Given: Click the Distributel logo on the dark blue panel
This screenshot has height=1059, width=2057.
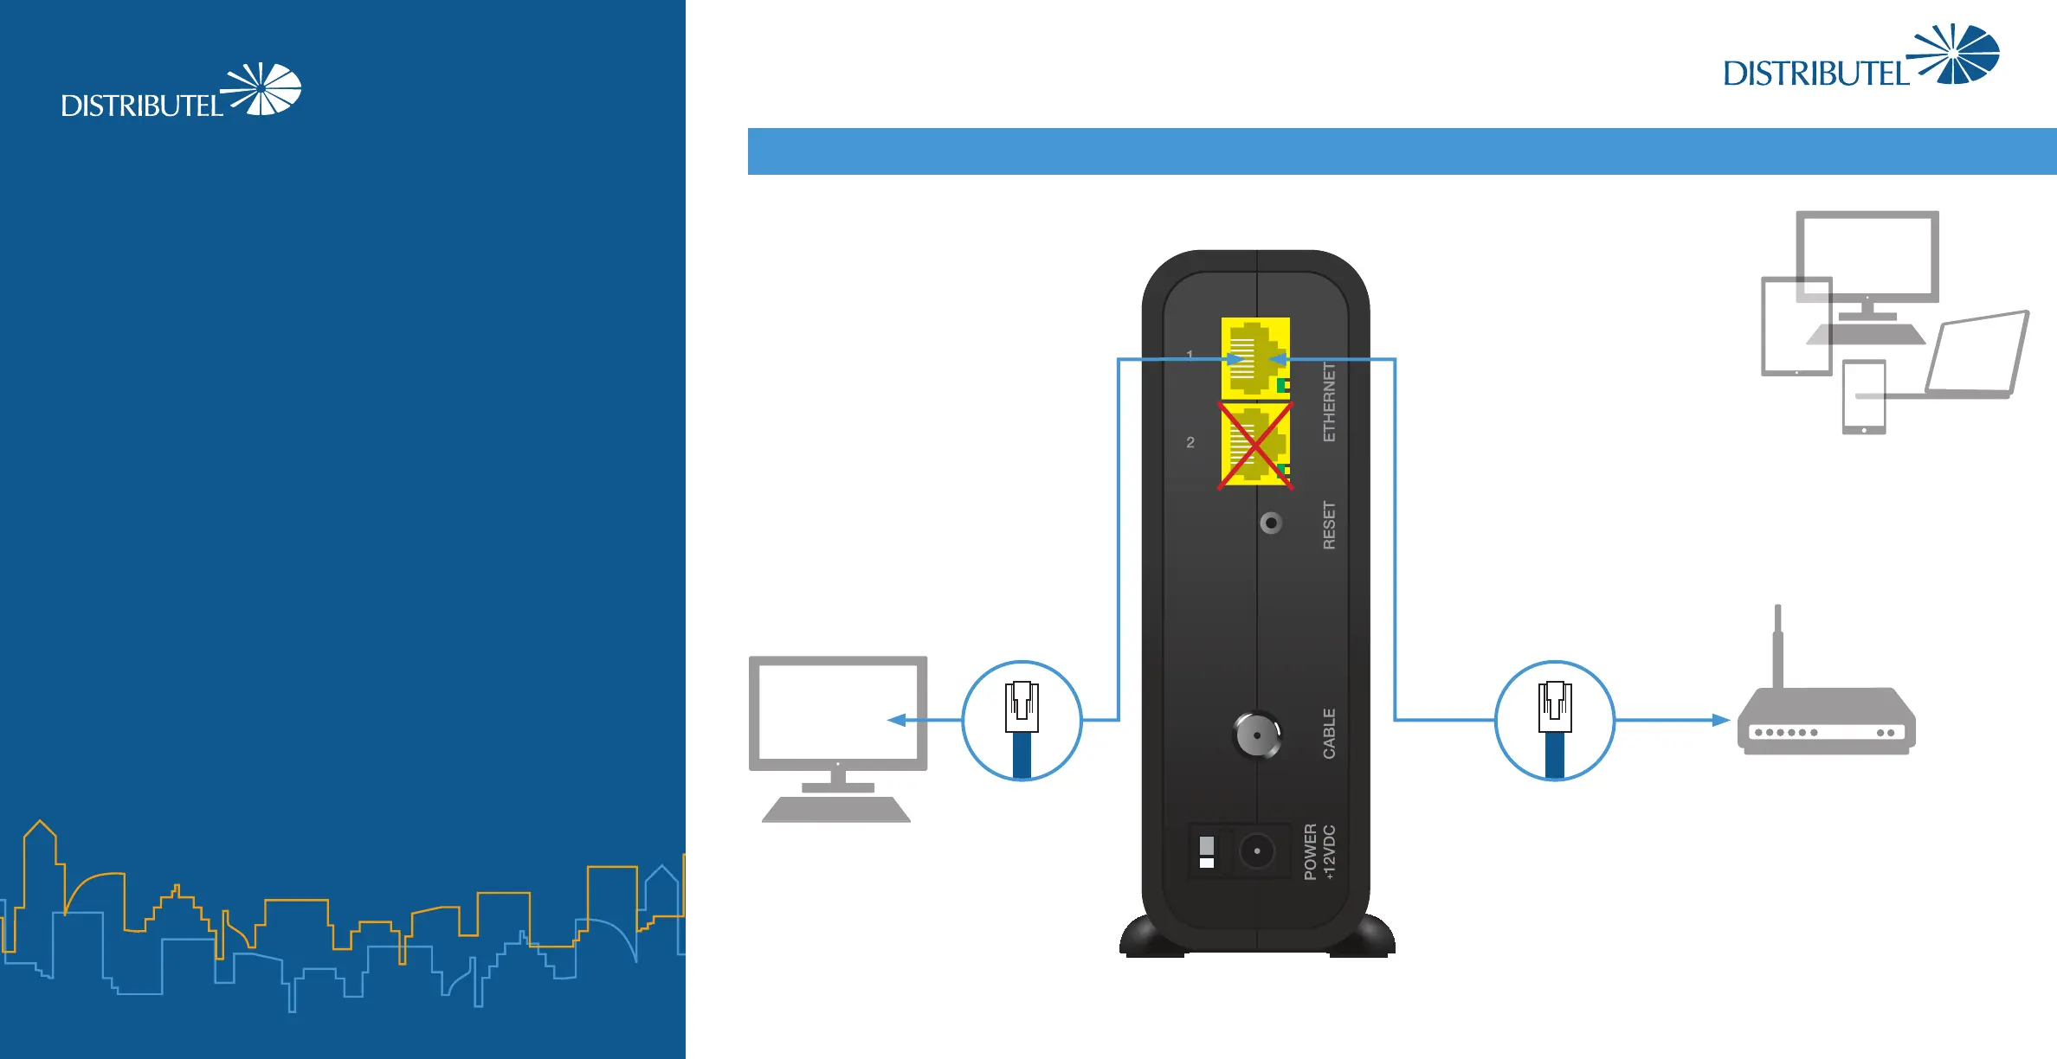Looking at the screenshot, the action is [x=180, y=92].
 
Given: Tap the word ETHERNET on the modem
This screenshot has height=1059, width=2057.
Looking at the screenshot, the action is [x=1329, y=401].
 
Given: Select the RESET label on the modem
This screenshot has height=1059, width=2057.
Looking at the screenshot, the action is [x=1329, y=524].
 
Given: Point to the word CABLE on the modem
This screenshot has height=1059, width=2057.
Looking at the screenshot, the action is [x=1329, y=733].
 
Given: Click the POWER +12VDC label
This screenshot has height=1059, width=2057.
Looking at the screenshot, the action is [x=1319, y=851].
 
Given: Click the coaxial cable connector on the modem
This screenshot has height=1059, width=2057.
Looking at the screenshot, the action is [x=1256, y=735].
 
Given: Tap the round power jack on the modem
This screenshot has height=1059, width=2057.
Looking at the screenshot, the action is [x=1256, y=851].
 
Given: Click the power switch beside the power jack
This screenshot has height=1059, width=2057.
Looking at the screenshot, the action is [x=1207, y=851].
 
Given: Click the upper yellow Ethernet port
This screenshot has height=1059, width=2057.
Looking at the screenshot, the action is [x=1255, y=357].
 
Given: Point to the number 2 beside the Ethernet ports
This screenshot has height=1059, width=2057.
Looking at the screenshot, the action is [x=1190, y=442].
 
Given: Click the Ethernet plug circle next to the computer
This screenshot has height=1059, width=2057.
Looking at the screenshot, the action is [x=1022, y=720].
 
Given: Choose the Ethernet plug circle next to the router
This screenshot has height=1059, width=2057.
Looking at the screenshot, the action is [x=1555, y=720].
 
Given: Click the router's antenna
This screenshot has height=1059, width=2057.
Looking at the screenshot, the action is [x=1777, y=645].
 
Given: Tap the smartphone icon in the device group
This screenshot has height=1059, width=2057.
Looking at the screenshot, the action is [x=1864, y=397].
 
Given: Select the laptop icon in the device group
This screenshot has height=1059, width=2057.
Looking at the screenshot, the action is [x=1979, y=355].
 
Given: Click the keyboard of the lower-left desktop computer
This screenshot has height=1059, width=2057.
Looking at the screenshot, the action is [x=836, y=810].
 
